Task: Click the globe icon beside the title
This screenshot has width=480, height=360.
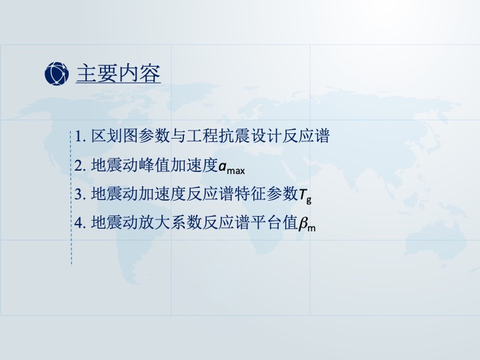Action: tap(57, 73)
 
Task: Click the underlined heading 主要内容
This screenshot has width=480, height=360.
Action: tap(118, 73)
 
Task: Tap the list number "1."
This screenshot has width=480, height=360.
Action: tap(80, 136)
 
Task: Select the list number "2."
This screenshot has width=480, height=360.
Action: tap(80, 165)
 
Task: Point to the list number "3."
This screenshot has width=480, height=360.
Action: tap(80, 194)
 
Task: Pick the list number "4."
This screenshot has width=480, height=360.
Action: tap(80, 223)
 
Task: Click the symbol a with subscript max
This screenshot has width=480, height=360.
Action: tap(232, 167)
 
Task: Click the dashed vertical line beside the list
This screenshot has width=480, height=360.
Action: tap(71, 198)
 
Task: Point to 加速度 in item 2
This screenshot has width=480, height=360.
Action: tap(194, 165)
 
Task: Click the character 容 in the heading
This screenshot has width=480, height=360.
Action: tap(150, 73)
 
